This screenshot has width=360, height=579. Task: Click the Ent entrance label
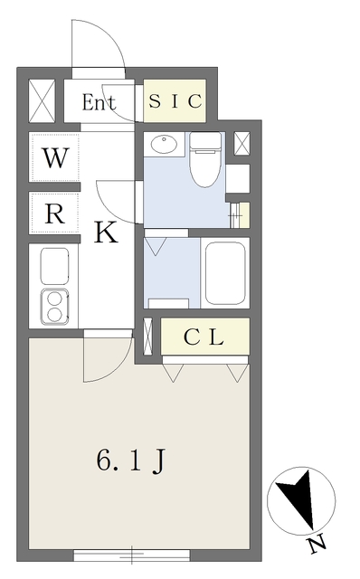point(99,102)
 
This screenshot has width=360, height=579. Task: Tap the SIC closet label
point(175,101)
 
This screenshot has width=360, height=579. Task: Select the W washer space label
point(54,159)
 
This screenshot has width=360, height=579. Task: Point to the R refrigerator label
point(54,215)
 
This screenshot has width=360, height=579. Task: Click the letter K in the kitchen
point(106,234)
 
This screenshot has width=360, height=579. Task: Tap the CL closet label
point(204,337)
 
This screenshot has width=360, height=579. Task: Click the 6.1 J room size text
point(130,462)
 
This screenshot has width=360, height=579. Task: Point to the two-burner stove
point(54,306)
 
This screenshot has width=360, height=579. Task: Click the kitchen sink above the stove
point(54,266)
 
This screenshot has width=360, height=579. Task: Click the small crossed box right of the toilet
point(242,144)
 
